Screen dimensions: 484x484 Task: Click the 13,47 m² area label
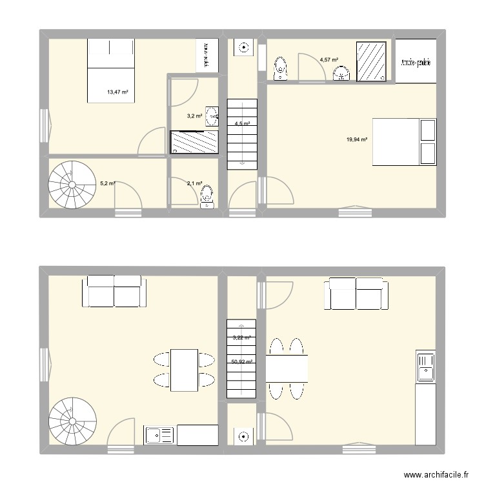(117, 92)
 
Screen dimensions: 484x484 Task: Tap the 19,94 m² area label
(357, 139)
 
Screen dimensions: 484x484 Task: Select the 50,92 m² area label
(241, 362)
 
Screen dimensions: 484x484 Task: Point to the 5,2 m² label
(107, 183)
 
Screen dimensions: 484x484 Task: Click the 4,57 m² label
(328, 60)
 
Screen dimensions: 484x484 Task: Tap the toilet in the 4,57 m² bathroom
(281, 69)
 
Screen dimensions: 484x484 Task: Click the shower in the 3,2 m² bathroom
(194, 142)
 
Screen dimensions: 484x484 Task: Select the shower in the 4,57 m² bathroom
(371, 61)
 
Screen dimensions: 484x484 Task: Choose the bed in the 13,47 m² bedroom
(111, 70)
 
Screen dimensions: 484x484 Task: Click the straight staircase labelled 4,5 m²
(241, 134)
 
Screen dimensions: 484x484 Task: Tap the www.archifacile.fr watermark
(435, 474)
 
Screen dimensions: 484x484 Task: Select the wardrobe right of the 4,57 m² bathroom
(415, 61)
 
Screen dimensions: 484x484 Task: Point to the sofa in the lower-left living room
(114, 290)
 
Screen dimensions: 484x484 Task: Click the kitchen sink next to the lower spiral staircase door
(159, 436)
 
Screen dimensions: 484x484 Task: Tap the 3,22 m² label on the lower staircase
(241, 337)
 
